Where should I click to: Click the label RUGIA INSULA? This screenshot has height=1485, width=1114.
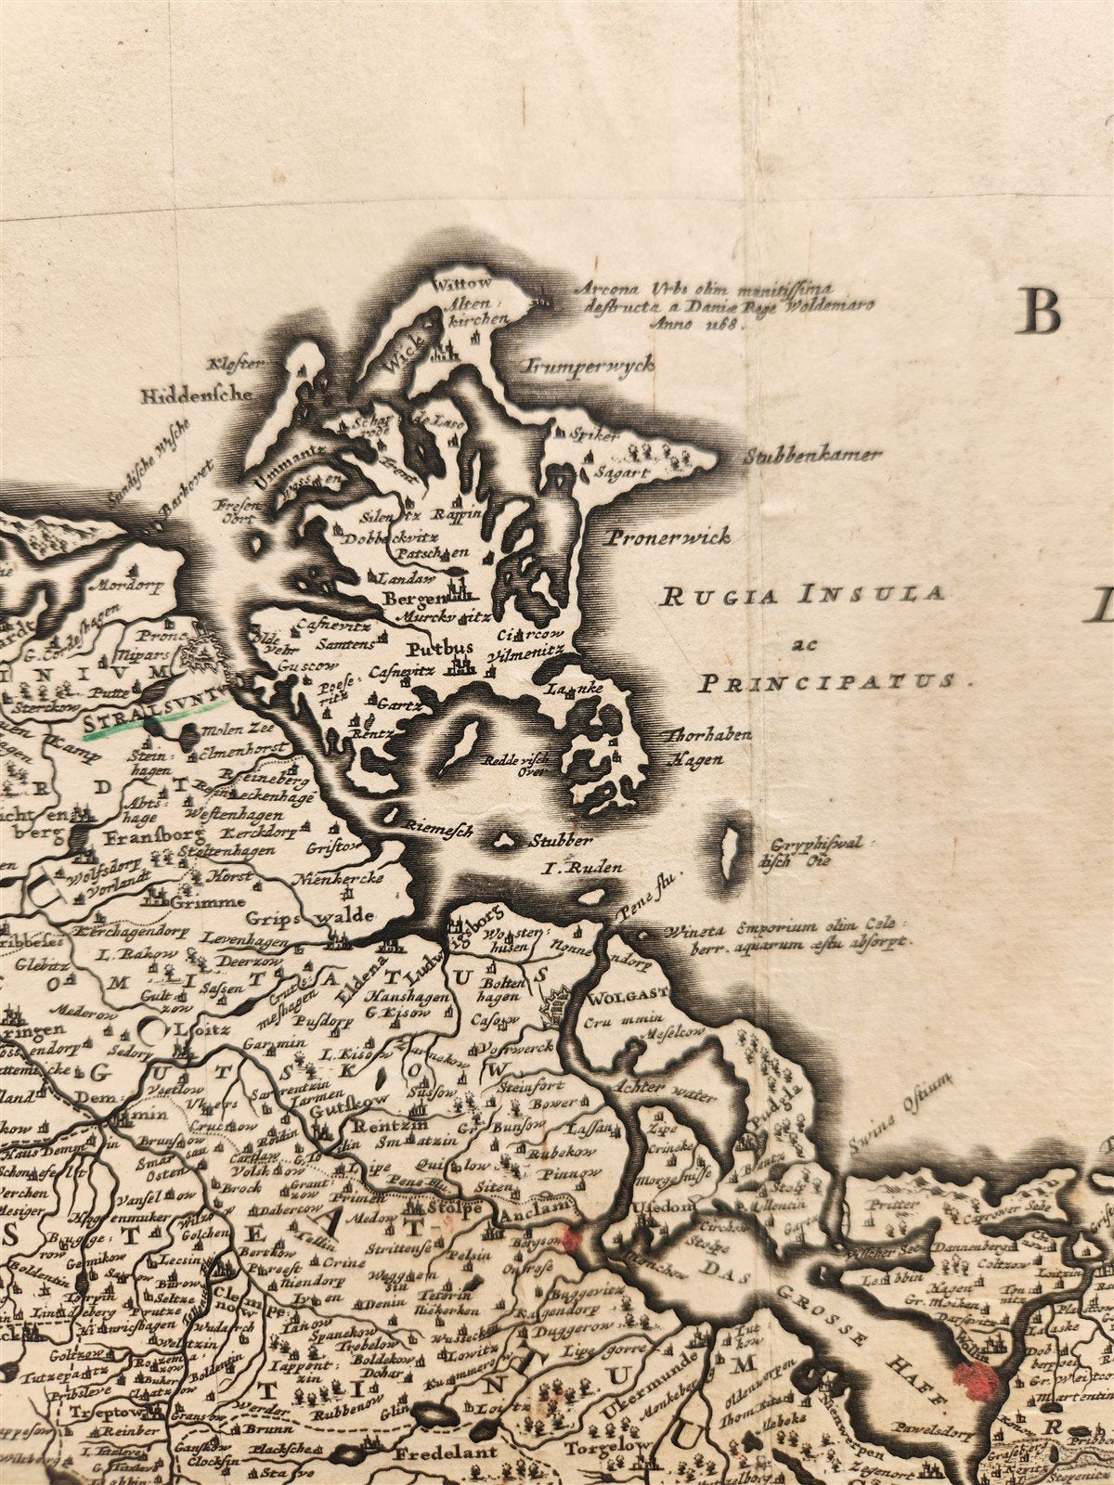802,595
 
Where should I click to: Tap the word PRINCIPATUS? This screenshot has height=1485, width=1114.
825,682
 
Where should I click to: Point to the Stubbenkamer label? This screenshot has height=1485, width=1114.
812,456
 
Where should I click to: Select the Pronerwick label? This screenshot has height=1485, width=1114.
669,536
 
